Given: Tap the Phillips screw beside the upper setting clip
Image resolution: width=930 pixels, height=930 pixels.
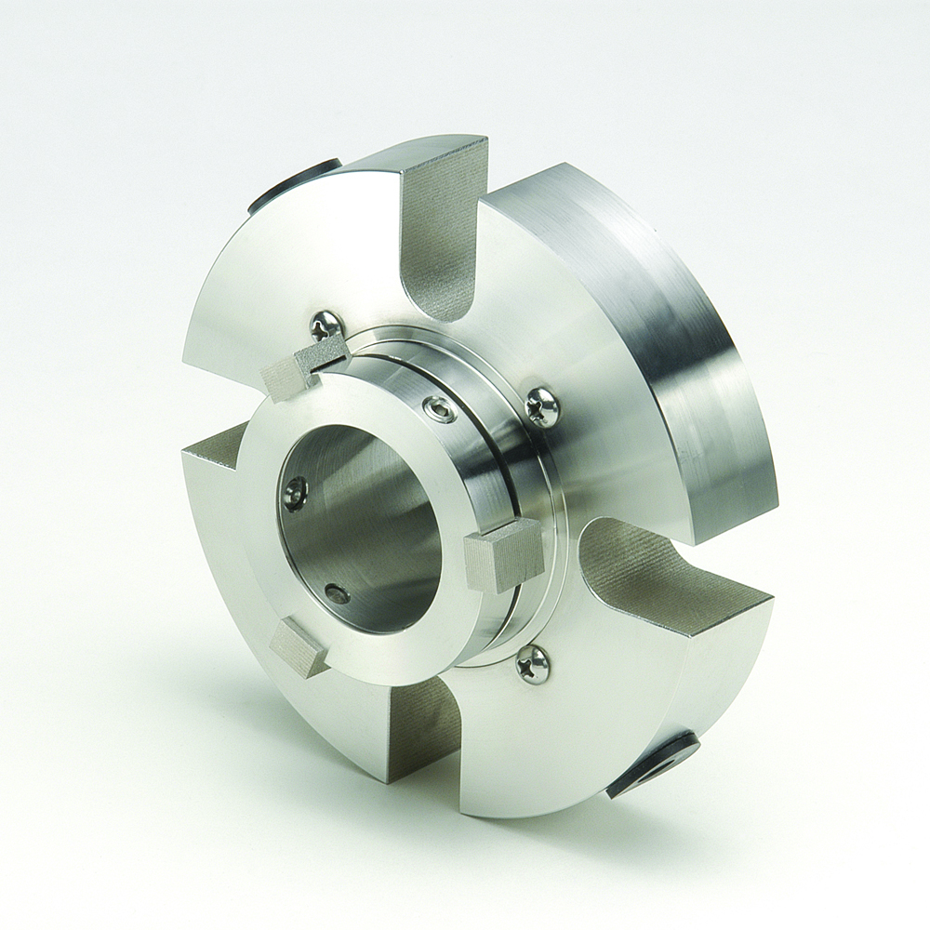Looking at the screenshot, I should tap(326, 325).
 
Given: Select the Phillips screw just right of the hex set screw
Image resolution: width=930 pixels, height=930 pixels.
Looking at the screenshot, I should tap(542, 405).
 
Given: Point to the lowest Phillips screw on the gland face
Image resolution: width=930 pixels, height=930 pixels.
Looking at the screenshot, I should tap(534, 664).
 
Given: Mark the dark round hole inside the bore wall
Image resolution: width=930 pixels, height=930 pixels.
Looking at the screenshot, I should tap(337, 593).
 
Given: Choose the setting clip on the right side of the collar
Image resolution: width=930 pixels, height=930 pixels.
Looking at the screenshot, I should tap(502, 554).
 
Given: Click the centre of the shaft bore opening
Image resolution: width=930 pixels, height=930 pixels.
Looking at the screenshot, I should tap(363, 530).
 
